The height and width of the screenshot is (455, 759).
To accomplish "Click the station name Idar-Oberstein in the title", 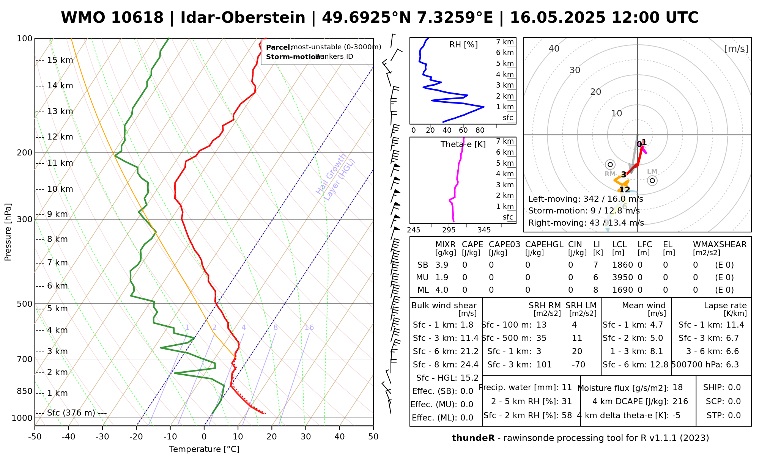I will click(243, 18).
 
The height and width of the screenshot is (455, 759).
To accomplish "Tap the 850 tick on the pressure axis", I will click(25, 391).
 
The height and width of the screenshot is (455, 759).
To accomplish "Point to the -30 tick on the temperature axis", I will click(102, 437).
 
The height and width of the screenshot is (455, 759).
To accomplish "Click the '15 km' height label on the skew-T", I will click(60, 60).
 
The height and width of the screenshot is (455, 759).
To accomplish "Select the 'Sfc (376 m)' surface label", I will click(71, 413).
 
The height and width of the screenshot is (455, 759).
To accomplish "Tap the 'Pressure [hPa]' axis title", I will click(8, 232).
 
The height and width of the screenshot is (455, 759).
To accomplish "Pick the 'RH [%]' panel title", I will click(463, 45).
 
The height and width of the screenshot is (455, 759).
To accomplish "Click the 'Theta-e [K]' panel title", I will click(463, 144).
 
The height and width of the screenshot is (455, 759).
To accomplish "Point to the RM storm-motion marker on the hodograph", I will click(610, 165).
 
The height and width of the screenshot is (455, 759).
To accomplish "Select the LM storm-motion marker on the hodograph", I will click(652, 180).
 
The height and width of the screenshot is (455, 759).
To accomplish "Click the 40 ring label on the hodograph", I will click(554, 49).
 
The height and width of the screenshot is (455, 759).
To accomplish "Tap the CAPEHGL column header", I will click(544, 245).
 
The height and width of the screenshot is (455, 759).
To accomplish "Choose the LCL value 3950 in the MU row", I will click(622, 278).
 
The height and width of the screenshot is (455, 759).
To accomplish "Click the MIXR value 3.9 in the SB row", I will click(442, 265).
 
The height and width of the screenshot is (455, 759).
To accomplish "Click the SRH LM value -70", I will click(578, 365).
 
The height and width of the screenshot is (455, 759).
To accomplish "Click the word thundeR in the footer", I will click(473, 438).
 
